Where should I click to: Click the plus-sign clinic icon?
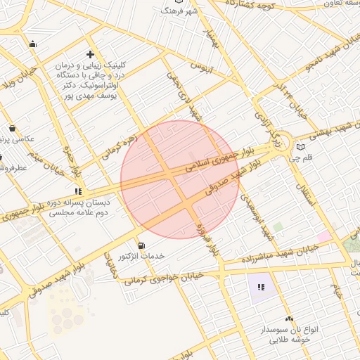click(90, 54)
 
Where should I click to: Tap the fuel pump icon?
click(143, 245)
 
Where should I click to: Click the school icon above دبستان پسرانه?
click(79, 191)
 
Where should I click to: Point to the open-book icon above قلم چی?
click(302, 148)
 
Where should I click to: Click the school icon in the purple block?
click(261, 286)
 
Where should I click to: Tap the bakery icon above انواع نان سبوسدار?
click(289, 319)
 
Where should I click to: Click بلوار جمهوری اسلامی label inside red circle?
click(211, 160)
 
